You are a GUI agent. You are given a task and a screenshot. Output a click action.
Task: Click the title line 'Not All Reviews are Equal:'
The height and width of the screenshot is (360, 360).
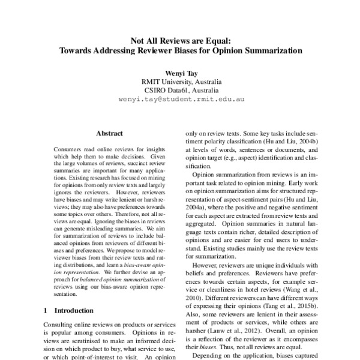tap(181, 41)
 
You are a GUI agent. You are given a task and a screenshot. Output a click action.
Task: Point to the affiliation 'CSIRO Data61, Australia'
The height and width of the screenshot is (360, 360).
tap(181, 91)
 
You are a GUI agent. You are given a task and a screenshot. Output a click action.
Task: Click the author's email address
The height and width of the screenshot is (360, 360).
tap(181, 100)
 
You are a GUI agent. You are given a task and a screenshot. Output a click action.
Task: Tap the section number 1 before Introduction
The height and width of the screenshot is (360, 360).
tap(46, 311)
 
